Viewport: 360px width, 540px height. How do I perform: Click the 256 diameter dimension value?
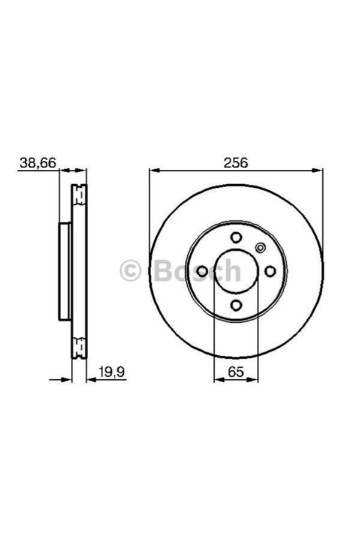(x=236, y=163)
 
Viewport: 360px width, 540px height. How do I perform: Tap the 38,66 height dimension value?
(x=38, y=163)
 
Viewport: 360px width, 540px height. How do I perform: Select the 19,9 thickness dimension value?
(x=113, y=372)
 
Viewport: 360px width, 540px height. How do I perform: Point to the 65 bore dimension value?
(x=236, y=372)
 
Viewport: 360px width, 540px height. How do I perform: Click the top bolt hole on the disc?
(x=236, y=237)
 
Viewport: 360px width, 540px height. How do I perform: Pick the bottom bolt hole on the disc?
(x=236, y=305)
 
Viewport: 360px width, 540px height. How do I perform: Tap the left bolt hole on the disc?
(x=202, y=271)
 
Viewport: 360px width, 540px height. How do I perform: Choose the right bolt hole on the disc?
(x=271, y=271)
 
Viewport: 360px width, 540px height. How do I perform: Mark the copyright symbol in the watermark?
(x=130, y=271)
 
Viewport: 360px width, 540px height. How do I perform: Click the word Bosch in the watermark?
(x=197, y=271)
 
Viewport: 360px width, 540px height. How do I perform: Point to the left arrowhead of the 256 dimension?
(x=154, y=170)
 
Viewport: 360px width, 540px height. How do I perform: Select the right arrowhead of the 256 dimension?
(x=319, y=170)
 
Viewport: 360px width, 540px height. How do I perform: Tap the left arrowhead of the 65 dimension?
(x=218, y=379)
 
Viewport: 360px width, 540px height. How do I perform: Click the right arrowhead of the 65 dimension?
(x=254, y=379)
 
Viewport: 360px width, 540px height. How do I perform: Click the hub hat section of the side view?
(x=65, y=271)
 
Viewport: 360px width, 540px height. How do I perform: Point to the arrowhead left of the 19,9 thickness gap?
(x=67, y=379)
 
